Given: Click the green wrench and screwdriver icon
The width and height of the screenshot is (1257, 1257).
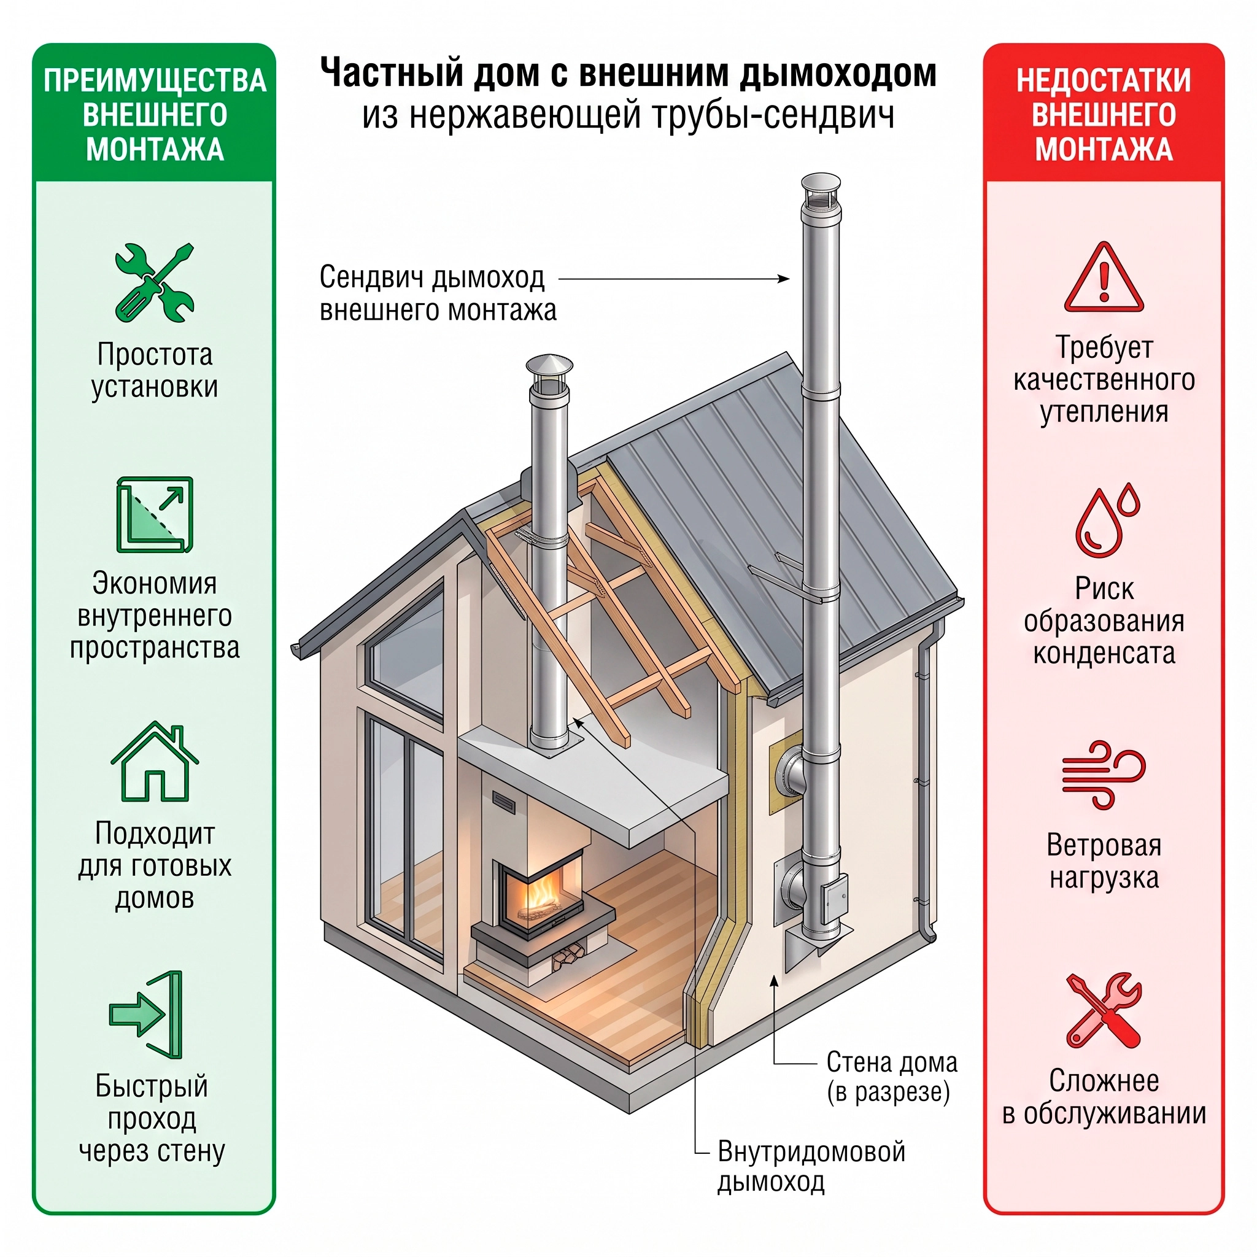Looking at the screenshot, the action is pyautogui.click(x=155, y=283).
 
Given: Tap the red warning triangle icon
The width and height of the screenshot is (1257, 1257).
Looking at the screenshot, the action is pyautogui.click(x=1104, y=277).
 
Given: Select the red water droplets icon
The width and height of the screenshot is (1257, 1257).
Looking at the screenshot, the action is pyautogui.click(x=1107, y=520).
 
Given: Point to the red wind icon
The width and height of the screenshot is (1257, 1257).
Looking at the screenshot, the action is pyautogui.click(x=1104, y=774).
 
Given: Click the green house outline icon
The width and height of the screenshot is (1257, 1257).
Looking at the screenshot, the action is pyautogui.click(x=155, y=761).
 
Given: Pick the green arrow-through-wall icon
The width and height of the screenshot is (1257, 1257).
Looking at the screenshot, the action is pyautogui.click(x=147, y=1015).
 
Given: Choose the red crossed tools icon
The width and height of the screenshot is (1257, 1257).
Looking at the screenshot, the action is pyautogui.click(x=1104, y=1010).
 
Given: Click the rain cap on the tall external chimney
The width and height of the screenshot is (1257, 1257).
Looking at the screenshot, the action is pyautogui.click(x=821, y=191).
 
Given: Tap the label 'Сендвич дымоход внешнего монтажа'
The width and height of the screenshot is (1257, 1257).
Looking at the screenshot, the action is pyautogui.click(x=438, y=293).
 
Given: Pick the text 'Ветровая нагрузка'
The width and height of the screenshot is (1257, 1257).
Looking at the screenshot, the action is pyautogui.click(x=1104, y=861).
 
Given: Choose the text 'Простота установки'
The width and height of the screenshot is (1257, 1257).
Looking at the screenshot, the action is pyautogui.click(x=155, y=370).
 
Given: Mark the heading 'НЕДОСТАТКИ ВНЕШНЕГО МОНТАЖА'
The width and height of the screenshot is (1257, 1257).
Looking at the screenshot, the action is pyautogui.click(x=1104, y=115).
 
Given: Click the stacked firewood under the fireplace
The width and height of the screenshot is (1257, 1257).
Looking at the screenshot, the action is pyautogui.click(x=566, y=957).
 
